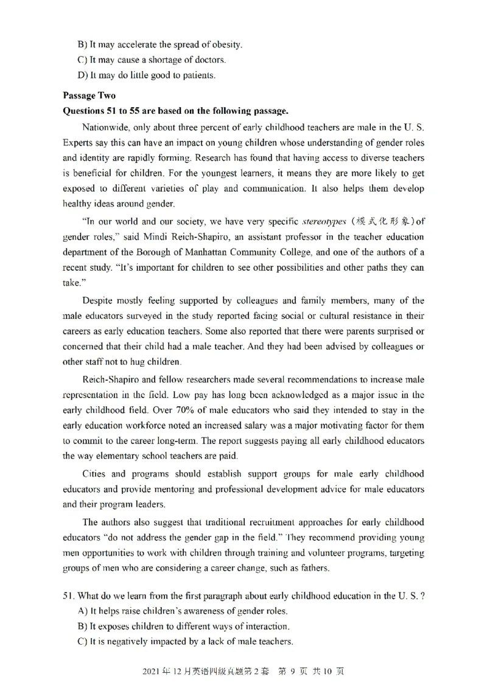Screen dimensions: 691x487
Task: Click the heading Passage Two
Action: [x=88, y=95]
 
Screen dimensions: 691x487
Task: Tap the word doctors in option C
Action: [x=210, y=60]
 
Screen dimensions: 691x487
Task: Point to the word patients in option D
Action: [x=200, y=75]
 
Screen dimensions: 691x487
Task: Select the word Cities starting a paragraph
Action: [x=94, y=473]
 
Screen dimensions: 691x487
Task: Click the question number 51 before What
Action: [x=68, y=596]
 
